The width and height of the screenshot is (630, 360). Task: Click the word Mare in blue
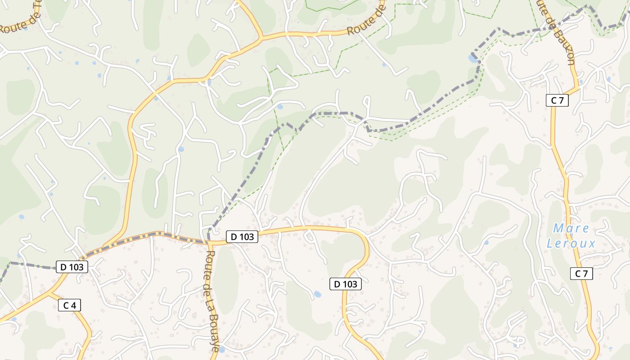pyautogui.click(x=571, y=228)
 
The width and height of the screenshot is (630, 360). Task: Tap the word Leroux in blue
pyautogui.click(x=571, y=244)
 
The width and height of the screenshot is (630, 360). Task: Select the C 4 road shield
pyautogui.click(x=69, y=305)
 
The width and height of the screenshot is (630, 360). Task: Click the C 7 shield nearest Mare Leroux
pyautogui.click(x=581, y=274)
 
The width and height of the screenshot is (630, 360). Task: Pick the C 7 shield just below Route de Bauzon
pyautogui.click(x=557, y=100)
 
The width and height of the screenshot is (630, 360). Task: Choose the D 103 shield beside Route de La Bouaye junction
pyautogui.click(x=242, y=237)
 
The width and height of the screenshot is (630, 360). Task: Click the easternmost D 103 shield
pyautogui.click(x=346, y=284)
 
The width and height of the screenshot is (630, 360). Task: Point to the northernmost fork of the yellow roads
pyautogui.click(x=261, y=36)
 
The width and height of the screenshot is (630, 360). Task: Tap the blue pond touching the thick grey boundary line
pyautogui.click(x=473, y=58)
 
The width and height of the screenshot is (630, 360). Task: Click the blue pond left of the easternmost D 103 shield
pyautogui.click(x=317, y=294)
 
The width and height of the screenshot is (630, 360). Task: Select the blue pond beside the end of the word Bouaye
pyautogui.click(x=221, y=349)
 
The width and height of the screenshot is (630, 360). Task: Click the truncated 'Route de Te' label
pyautogui.click(x=20, y=20)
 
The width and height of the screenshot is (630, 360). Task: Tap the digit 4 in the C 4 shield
pyautogui.click(x=74, y=305)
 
